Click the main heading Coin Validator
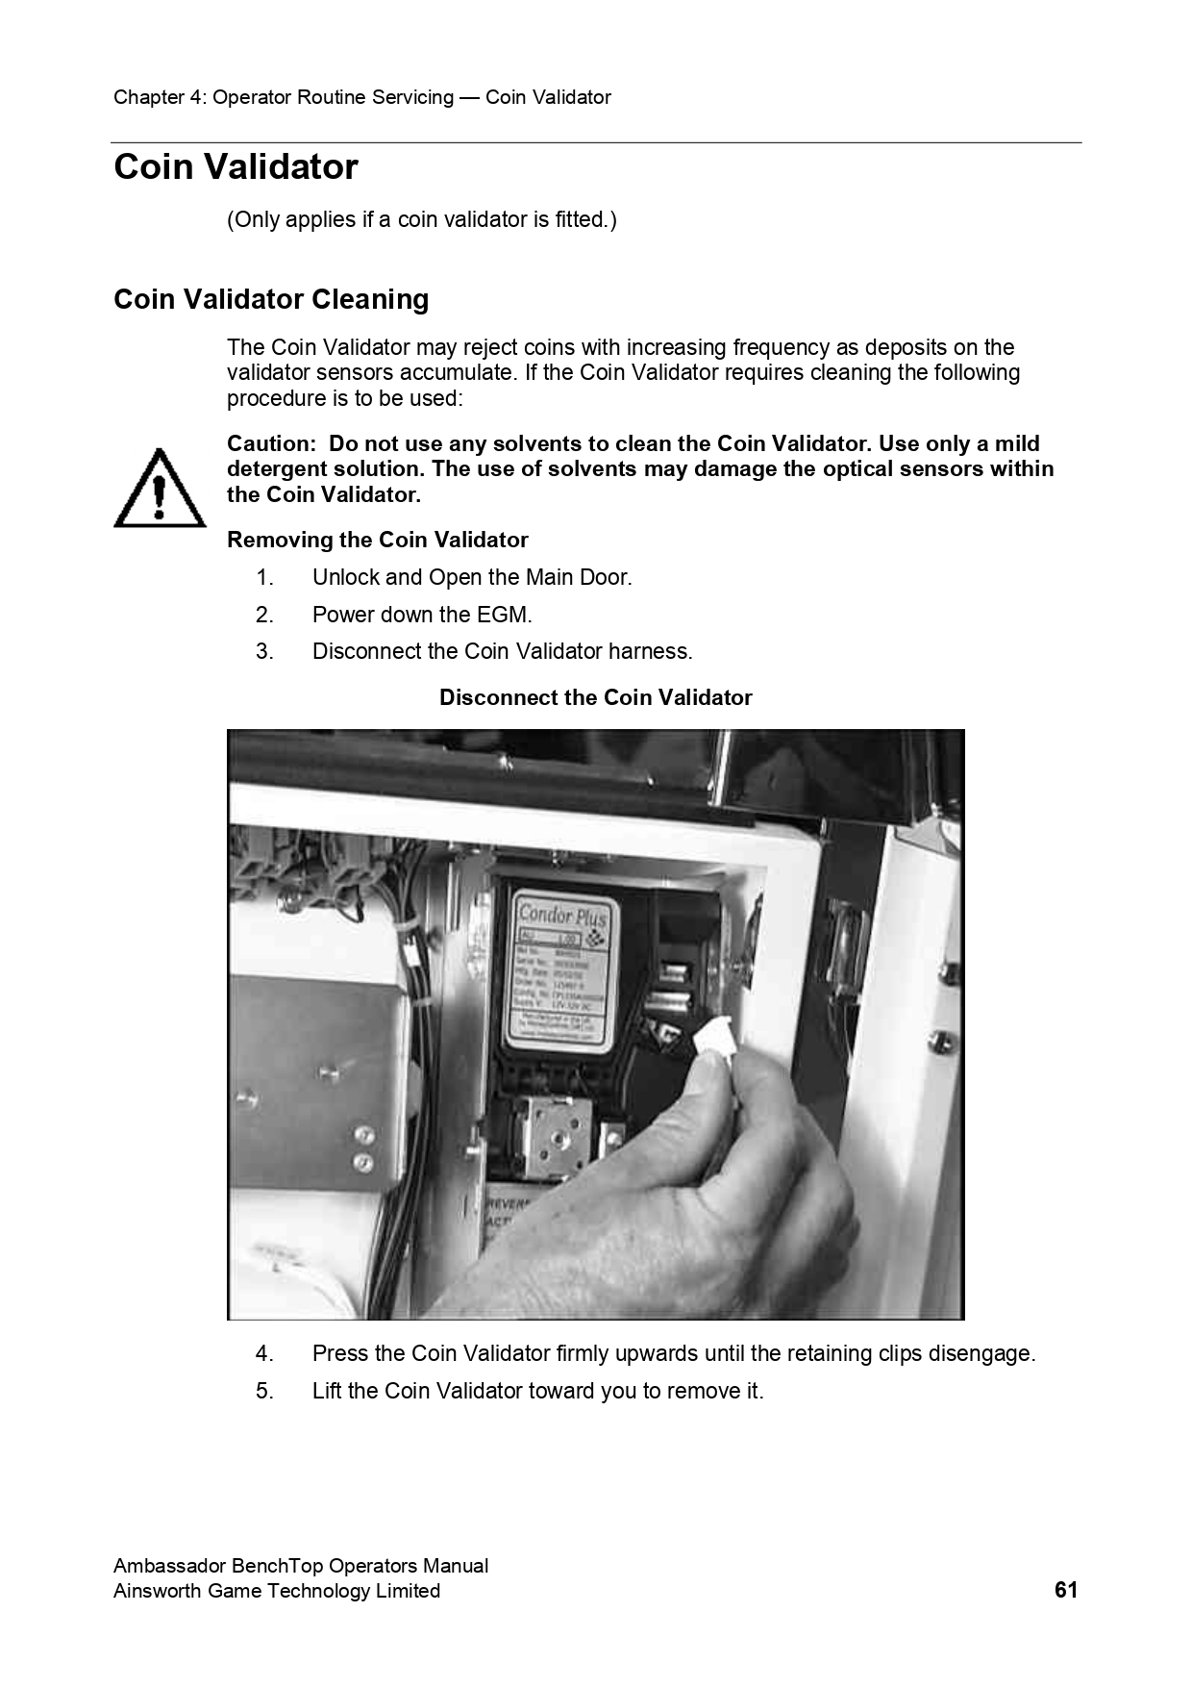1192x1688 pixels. coord(236,167)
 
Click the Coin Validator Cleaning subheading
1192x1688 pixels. coord(271,300)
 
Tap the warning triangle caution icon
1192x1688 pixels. coord(160,490)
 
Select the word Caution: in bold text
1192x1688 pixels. coord(271,444)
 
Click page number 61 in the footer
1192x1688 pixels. coord(1065,1590)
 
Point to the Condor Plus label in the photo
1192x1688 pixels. coord(562,915)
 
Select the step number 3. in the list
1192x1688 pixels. coord(264,652)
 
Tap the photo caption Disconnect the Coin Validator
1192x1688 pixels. coord(595,698)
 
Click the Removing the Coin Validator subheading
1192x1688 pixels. coord(377,541)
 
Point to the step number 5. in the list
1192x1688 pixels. coord(264,1392)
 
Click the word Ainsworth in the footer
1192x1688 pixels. coord(153,1591)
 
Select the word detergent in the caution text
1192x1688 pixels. coord(276,469)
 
